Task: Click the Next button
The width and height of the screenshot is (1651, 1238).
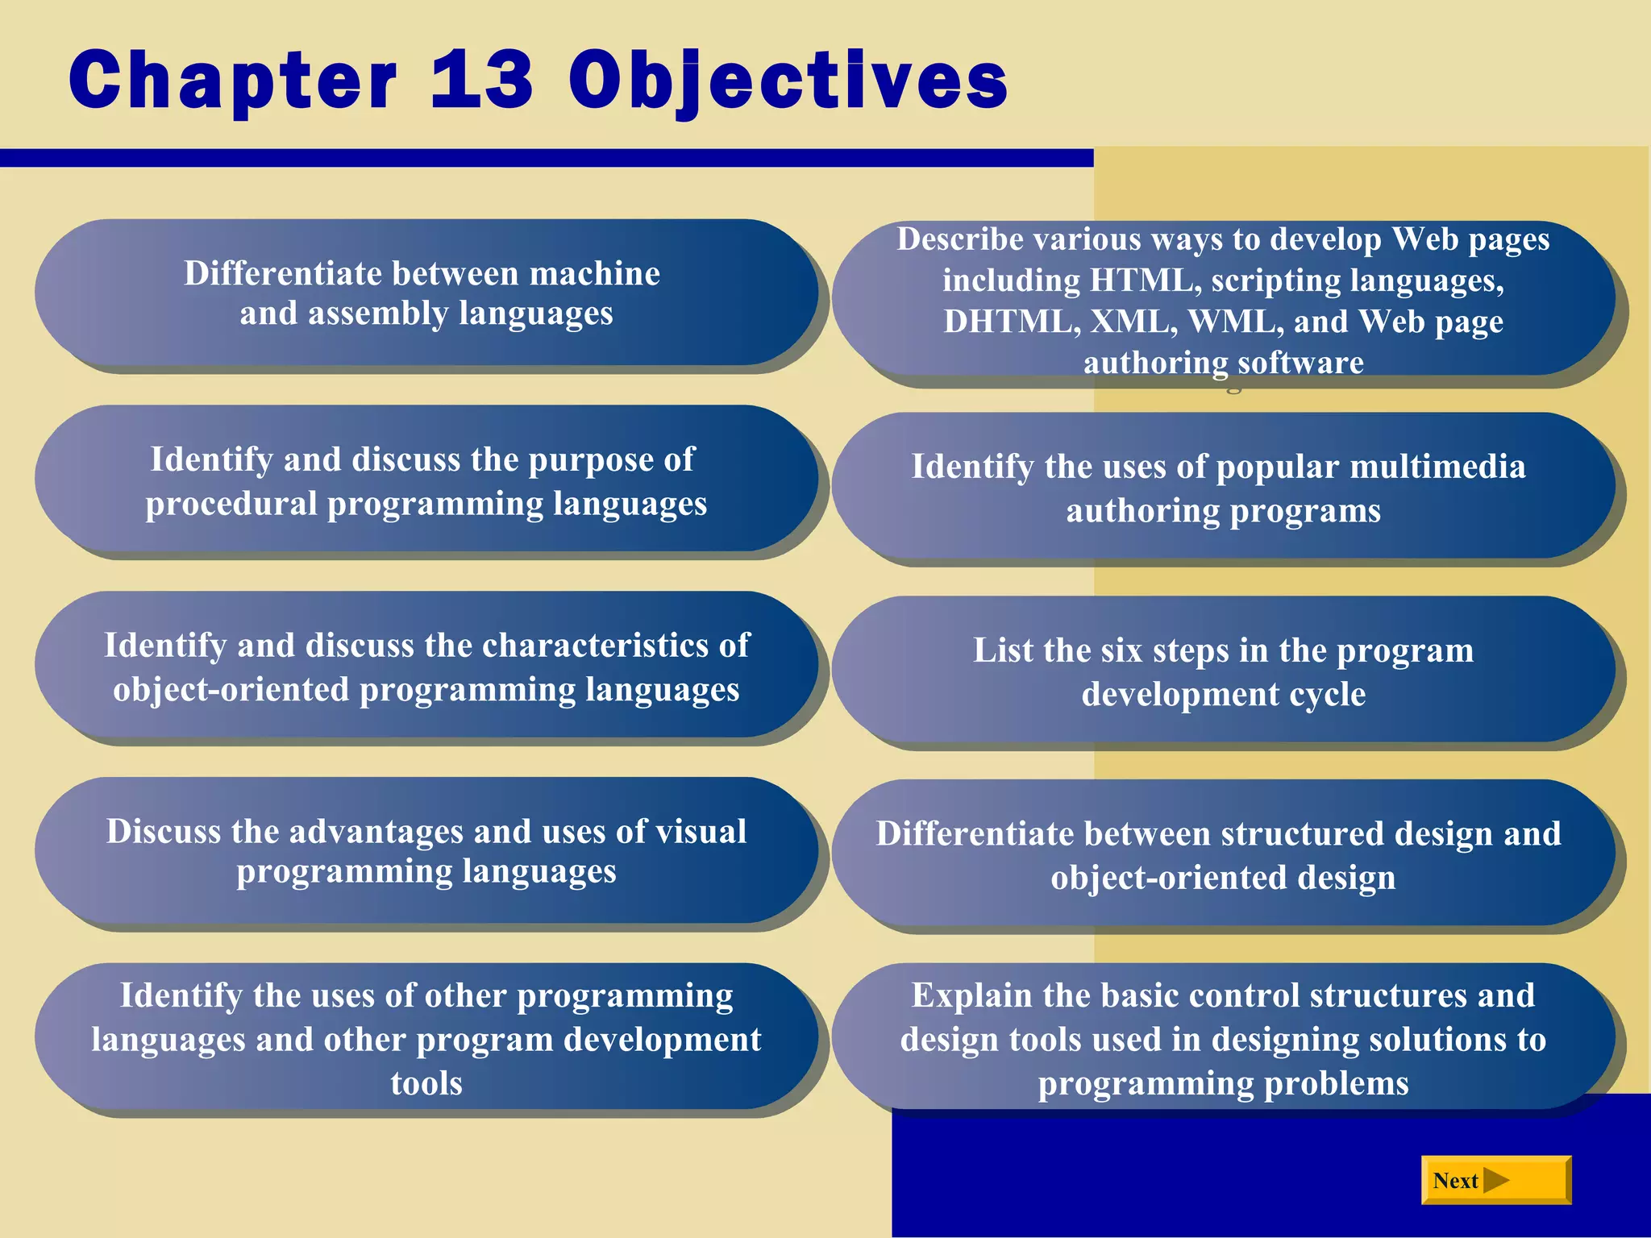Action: click(x=1495, y=1180)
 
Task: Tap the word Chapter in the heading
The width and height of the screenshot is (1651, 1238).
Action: click(x=233, y=81)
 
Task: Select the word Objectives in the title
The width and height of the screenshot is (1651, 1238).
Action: click(x=788, y=81)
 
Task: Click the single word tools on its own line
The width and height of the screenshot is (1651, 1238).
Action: click(x=426, y=1082)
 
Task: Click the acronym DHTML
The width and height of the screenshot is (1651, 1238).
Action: click(x=1012, y=322)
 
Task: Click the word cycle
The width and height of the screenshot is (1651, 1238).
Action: click(x=1328, y=694)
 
